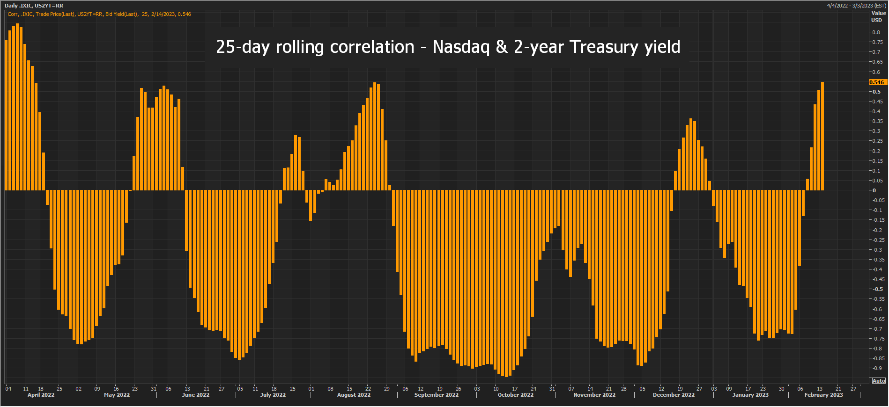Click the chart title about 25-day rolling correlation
coord(448,47)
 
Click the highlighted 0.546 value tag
coord(877,82)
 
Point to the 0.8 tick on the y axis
coord(876,32)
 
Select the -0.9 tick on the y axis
coord(876,368)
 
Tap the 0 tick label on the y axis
coord(874,190)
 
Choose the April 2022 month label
coord(41,395)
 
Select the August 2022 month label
coord(354,395)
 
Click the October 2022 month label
coord(515,395)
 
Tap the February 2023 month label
coord(823,395)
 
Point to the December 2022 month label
coord(674,395)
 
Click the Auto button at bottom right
coord(879,381)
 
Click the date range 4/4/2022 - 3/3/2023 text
coord(857,6)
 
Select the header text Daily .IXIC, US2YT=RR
coord(34,6)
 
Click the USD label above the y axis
coord(876,20)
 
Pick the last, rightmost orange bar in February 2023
coord(822,136)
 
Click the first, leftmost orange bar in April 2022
coord(6,115)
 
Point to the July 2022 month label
coord(273,395)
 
